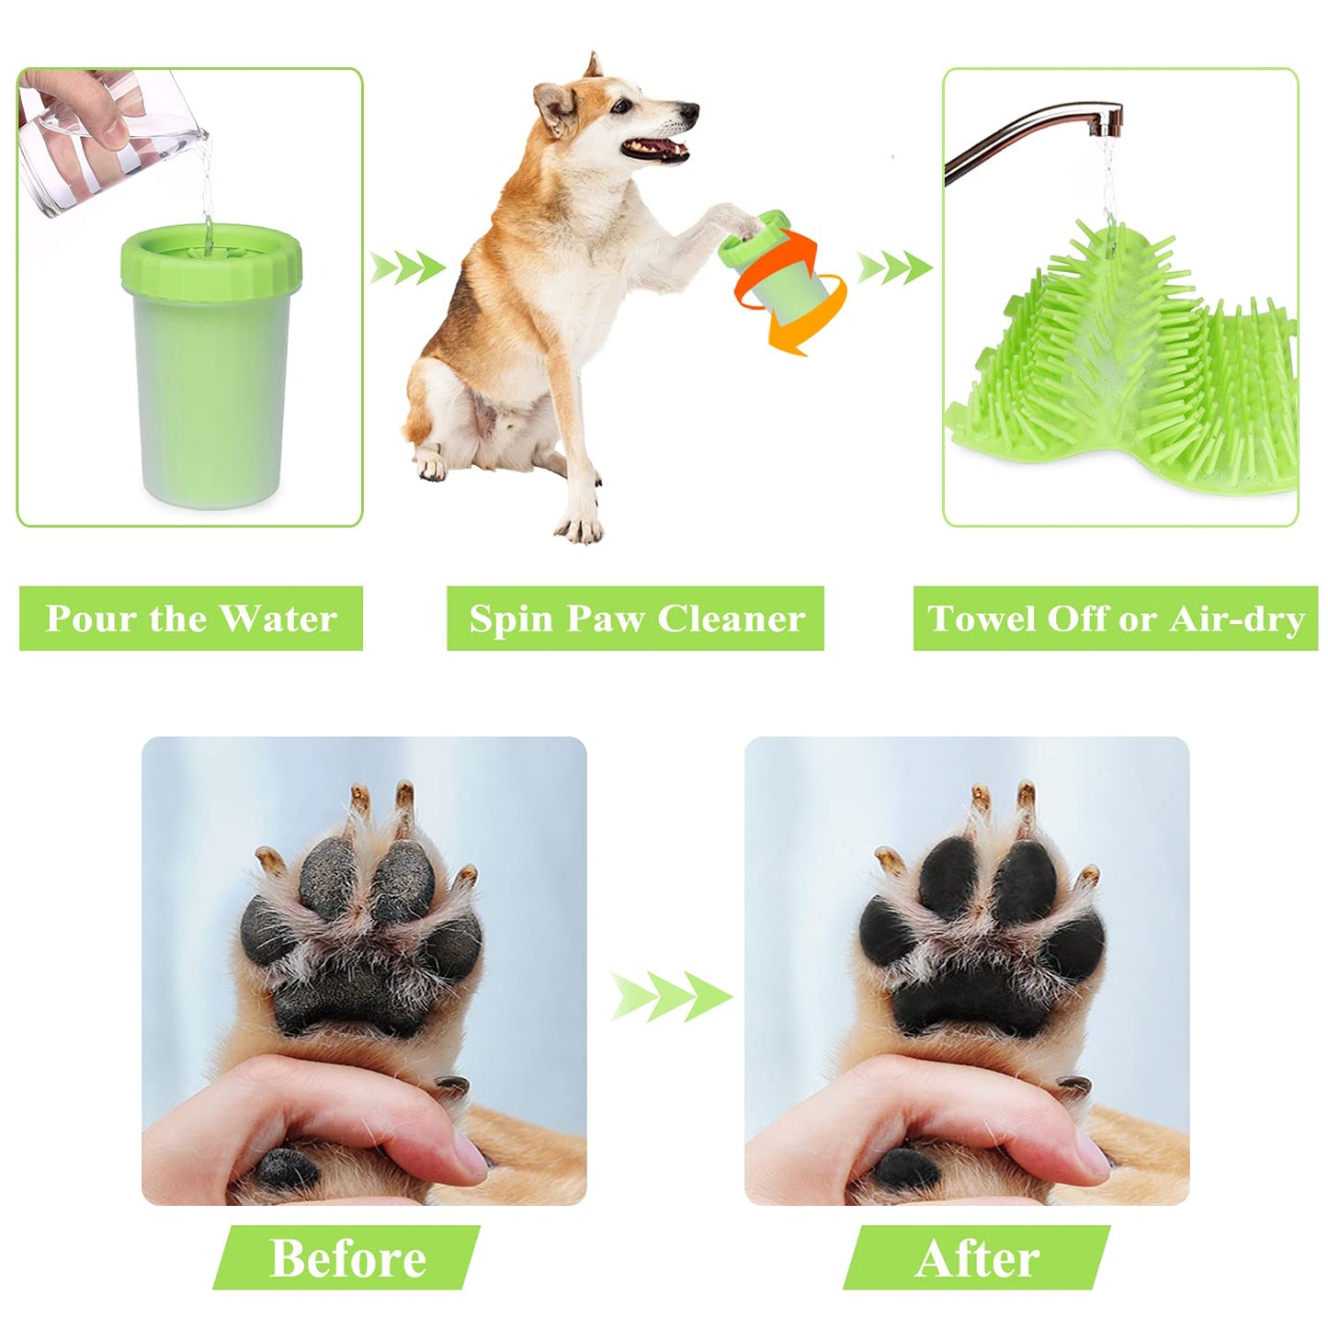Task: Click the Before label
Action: coord(347,1257)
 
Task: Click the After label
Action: coord(977,1257)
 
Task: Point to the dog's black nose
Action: coord(688,113)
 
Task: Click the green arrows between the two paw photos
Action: coord(671,996)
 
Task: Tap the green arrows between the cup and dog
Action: coord(407,268)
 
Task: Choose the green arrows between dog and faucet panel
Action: coord(893,267)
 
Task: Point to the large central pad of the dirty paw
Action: coord(354,997)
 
